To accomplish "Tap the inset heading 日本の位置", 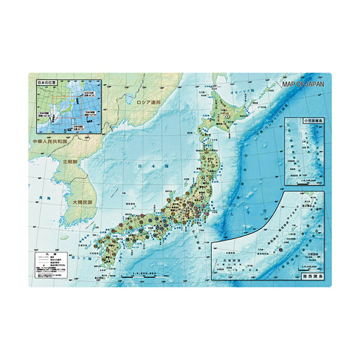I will click(x=48, y=83).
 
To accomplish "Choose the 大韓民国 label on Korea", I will click(x=83, y=202).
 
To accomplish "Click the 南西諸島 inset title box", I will click(x=311, y=279).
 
